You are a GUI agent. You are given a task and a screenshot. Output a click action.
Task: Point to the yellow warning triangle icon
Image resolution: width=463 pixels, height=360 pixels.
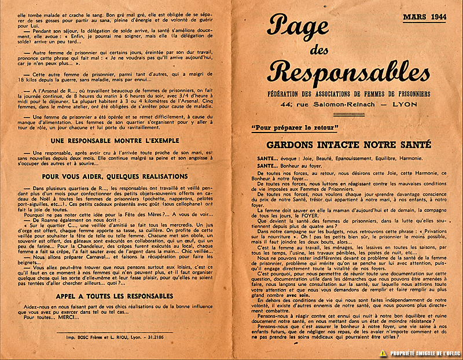tap(383, 352)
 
